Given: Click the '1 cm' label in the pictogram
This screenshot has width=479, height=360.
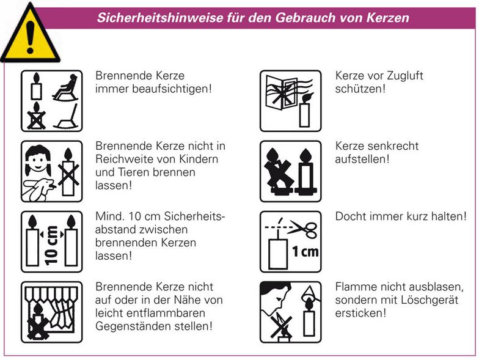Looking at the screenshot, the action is pyautogui.click(x=305, y=252).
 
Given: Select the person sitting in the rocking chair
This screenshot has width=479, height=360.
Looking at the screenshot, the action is pyautogui.click(x=66, y=87).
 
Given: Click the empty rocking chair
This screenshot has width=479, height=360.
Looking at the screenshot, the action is pyautogui.click(x=67, y=117).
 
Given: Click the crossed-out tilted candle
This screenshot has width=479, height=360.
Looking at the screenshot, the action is pyautogui.click(x=278, y=171).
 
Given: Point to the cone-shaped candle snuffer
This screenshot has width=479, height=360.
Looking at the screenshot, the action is pyautogui.click(x=310, y=293).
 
